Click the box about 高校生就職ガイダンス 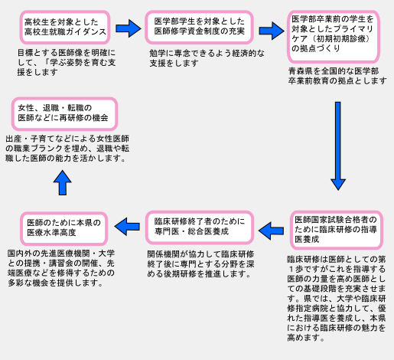(65, 27)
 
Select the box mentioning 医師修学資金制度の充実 (199, 27)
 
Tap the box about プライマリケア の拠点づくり (334, 37)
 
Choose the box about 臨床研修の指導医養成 (337, 230)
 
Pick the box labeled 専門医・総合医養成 (200, 227)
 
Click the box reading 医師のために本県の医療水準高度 (64, 228)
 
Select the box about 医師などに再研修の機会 (64, 113)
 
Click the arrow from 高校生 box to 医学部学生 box (129, 28)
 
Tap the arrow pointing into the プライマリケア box (272, 31)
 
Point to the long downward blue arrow (338, 146)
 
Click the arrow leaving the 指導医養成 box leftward (271, 231)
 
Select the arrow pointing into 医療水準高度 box (127, 227)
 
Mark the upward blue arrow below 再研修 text (63, 183)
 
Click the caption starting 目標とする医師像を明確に (67, 63)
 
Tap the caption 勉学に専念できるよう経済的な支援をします (207, 58)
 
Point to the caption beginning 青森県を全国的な (337, 76)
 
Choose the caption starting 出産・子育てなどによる (67, 149)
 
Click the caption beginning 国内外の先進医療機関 (61, 268)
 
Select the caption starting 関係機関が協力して (200, 264)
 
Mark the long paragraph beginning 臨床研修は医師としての (337, 299)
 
